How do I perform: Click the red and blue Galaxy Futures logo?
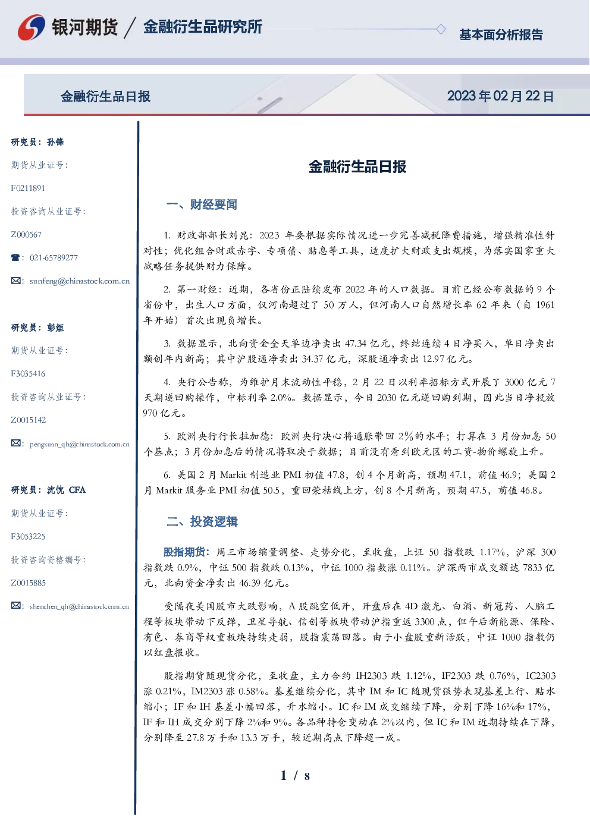pyautogui.click(x=32, y=27)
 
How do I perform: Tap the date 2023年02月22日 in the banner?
pyautogui.click(x=500, y=96)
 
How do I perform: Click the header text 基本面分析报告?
pyautogui.click(x=501, y=34)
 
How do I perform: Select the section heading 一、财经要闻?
pyautogui.click(x=202, y=204)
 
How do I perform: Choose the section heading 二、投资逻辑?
pyautogui.click(x=202, y=521)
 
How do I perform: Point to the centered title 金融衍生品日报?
pyautogui.click(x=357, y=166)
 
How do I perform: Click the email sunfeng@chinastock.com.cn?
pyautogui.click(x=80, y=281)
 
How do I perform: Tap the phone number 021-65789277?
pyautogui.click(x=54, y=257)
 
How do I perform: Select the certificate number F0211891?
pyautogui.click(x=28, y=188)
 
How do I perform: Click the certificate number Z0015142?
pyautogui.click(x=29, y=420)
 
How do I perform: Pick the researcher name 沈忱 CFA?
pyautogui.click(x=66, y=490)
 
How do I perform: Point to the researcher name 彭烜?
pyautogui.click(x=55, y=328)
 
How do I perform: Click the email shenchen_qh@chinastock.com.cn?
pyautogui.click(x=79, y=606)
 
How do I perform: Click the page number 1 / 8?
pyautogui.click(x=295, y=776)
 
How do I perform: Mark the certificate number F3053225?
pyautogui.click(x=28, y=537)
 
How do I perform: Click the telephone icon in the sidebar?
pyautogui.click(x=15, y=257)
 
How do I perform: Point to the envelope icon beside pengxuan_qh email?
pyautogui.click(x=15, y=443)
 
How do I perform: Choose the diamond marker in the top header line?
pyautogui.click(x=441, y=29)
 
